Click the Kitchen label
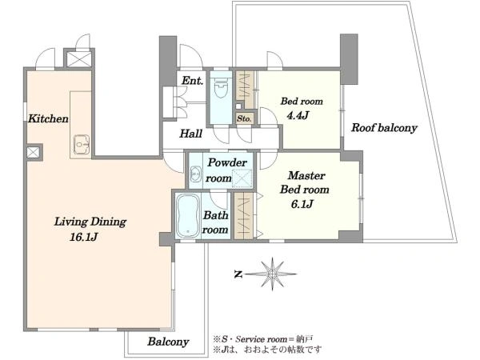[x=48, y=118]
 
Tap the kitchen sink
[x=82, y=144]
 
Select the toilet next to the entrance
[x=221, y=86]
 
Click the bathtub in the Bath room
[x=188, y=215]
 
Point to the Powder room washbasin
[x=195, y=174]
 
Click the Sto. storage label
[x=244, y=118]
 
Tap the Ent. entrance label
[x=192, y=81]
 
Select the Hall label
[x=190, y=134]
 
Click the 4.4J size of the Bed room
[x=297, y=115]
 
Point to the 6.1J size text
[x=302, y=204]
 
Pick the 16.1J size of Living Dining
[x=83, y=237]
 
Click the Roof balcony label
[x=384, y=128]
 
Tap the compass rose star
[x=272, y=274]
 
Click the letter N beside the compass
[x=238, y=274]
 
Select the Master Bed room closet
[x=244, y=215]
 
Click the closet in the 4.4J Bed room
[x=245, y=90]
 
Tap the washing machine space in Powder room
[x=242, y=178]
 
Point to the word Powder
[x=227, y=162]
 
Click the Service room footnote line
[x=263, y=339]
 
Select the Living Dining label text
[x=90, y=222]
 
